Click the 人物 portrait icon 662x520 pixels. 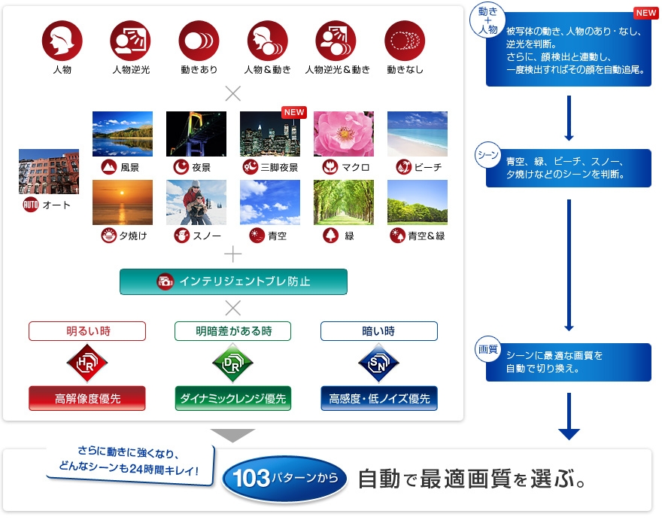62,41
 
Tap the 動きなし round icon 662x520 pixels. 405,41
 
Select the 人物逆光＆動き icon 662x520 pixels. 336,41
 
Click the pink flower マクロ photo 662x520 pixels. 344,134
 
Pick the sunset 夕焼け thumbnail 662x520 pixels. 122,202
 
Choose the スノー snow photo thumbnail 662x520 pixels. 196,202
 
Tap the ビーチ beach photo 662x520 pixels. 418,134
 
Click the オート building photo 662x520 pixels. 49,172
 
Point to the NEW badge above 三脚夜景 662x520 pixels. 293,112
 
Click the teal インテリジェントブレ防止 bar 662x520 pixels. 233,281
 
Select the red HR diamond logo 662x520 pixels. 87,363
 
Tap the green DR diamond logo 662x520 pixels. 232,363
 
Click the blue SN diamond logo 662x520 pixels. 378,363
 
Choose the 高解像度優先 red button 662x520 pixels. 87,398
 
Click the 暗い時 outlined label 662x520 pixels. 378,331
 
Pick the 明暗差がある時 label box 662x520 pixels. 232,331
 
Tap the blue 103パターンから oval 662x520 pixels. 285,478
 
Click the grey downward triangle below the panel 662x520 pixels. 232,435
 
